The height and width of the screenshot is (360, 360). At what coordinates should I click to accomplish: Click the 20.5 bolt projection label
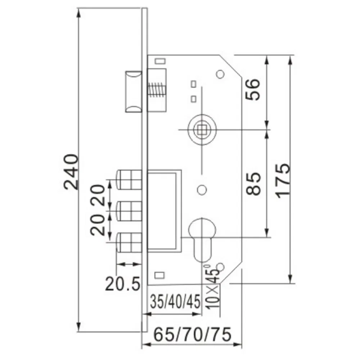click(122, 284)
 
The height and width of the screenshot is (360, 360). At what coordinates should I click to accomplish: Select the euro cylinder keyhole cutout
click(202, 239)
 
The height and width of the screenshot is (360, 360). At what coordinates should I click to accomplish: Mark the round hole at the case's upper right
click(220, 74)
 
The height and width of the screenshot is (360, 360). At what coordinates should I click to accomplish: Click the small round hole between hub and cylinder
click(202, 189)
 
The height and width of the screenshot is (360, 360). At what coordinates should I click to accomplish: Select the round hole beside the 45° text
click(221, 267)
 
